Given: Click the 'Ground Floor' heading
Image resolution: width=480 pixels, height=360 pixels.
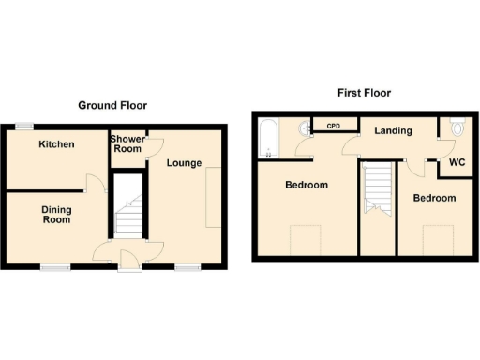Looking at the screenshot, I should point(112,106).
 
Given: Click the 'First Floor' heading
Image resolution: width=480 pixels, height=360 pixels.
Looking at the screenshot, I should point(364,93).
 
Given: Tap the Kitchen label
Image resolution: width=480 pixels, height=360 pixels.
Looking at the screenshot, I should point(56,144).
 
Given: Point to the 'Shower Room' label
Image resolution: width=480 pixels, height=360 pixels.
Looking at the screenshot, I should point(128,144).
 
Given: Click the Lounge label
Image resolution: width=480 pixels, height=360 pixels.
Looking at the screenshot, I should point(185,163).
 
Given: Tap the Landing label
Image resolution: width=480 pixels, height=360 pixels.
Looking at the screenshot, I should point(393,130).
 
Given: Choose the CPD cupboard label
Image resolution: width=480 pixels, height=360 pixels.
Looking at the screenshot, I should point(333,125).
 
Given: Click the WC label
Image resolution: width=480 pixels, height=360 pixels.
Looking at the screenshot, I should point(457,163).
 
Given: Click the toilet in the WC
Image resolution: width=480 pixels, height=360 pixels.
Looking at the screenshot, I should point(457,127).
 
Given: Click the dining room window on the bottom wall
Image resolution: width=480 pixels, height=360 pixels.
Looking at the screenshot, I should point(54,267).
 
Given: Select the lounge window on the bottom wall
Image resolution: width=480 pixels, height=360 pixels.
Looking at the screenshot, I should point(187,267).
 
